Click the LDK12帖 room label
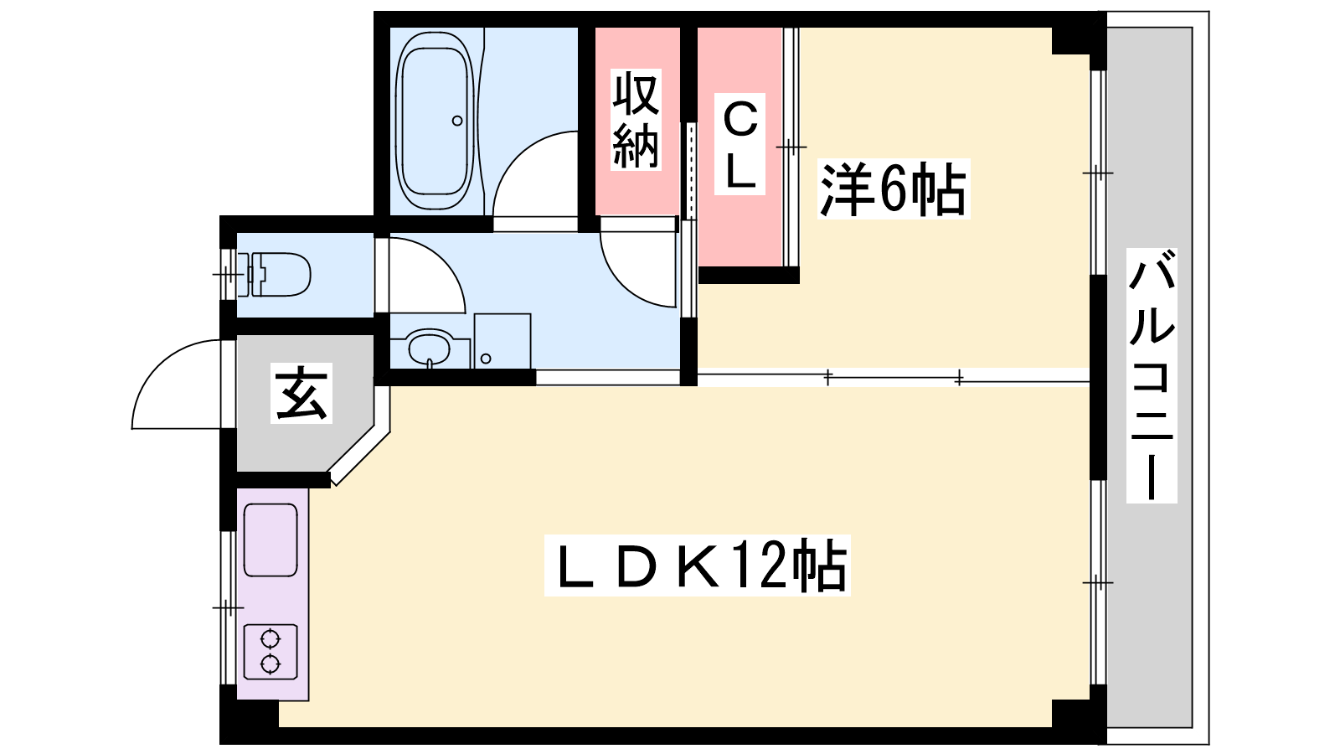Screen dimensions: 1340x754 coord(698,565)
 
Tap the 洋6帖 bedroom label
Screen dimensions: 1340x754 coord(893,188)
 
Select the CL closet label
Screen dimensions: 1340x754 coord(740,143)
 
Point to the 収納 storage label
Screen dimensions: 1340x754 coord(636,119)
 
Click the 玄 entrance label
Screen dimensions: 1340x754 coord(301,393)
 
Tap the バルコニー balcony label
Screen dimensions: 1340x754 coord(1152,375)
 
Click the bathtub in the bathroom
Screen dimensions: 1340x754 coord(435,121)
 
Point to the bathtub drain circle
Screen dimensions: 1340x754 coord(457,121)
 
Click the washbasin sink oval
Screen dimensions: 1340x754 coord(429,348)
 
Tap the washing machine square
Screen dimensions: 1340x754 coord(502,340)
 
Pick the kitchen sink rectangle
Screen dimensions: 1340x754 coord(271,540)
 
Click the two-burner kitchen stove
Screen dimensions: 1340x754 coord(271,651)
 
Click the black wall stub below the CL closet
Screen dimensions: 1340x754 coord(749,276)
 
